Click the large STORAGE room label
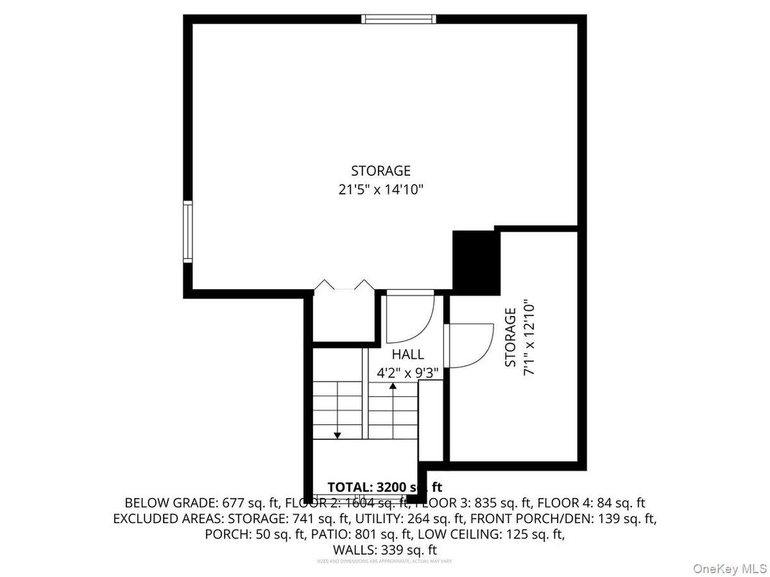click(x=381, y=171)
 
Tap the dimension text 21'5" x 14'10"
click(x=381, y=190)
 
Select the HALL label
click(x=407, y=355)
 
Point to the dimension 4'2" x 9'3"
click(x=408, y=373)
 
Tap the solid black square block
click(x=476, y=262)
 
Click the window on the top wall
click(x=398, y=19)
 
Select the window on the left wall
click(x=187, y=232)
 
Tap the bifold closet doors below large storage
click(x=344, y=286)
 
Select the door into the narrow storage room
click(x=467, y=345)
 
